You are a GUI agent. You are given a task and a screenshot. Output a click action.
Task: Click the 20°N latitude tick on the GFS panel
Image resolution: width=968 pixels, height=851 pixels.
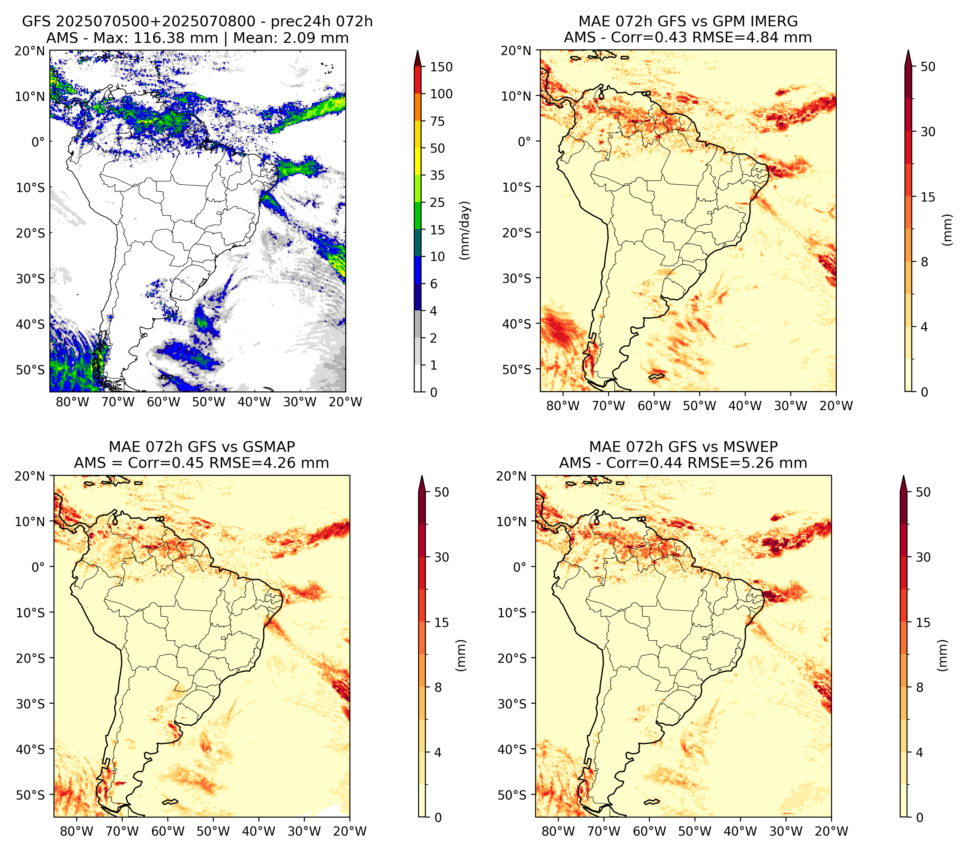[29, 51]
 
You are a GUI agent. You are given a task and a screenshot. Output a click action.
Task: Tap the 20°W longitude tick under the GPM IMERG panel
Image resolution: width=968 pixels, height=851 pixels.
[836, 406]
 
